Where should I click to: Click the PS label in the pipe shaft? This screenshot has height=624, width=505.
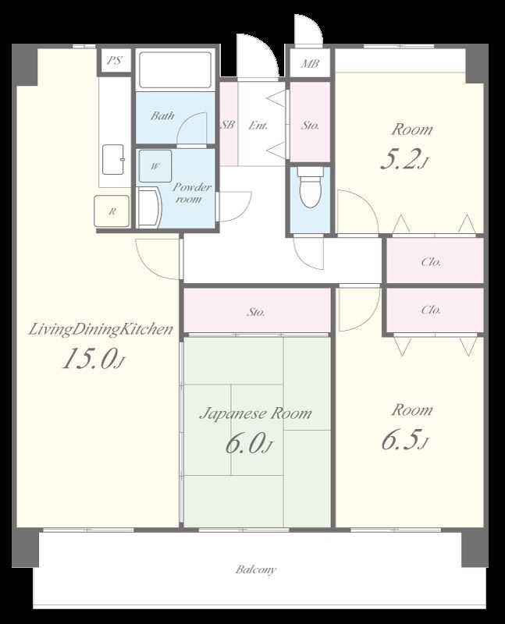click(115, 61)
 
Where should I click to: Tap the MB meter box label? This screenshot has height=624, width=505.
click(309, 63)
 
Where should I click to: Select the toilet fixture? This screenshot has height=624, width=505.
click(311, 187)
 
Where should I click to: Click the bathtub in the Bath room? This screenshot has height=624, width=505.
click(176, 69)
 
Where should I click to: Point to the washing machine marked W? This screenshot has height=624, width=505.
click(155, 166)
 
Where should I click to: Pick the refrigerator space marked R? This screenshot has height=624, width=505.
click(112, 211)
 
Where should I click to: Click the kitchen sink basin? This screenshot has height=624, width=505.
click(113, 160)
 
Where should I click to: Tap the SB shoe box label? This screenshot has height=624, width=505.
click(227, 125)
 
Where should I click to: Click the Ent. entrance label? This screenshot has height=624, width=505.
click(258, 126)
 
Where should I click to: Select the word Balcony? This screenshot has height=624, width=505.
click(256, 569)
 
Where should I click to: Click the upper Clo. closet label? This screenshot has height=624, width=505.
click(431, 262)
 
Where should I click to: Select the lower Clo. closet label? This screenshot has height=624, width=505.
click(431, 310)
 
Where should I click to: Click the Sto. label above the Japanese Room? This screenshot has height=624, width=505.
click(256, 312)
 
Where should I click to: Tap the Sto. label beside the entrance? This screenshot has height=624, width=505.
click(310, 126)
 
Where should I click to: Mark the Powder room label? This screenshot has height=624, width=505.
click(191, 193)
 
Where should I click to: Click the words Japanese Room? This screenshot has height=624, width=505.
click(256, 414)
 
